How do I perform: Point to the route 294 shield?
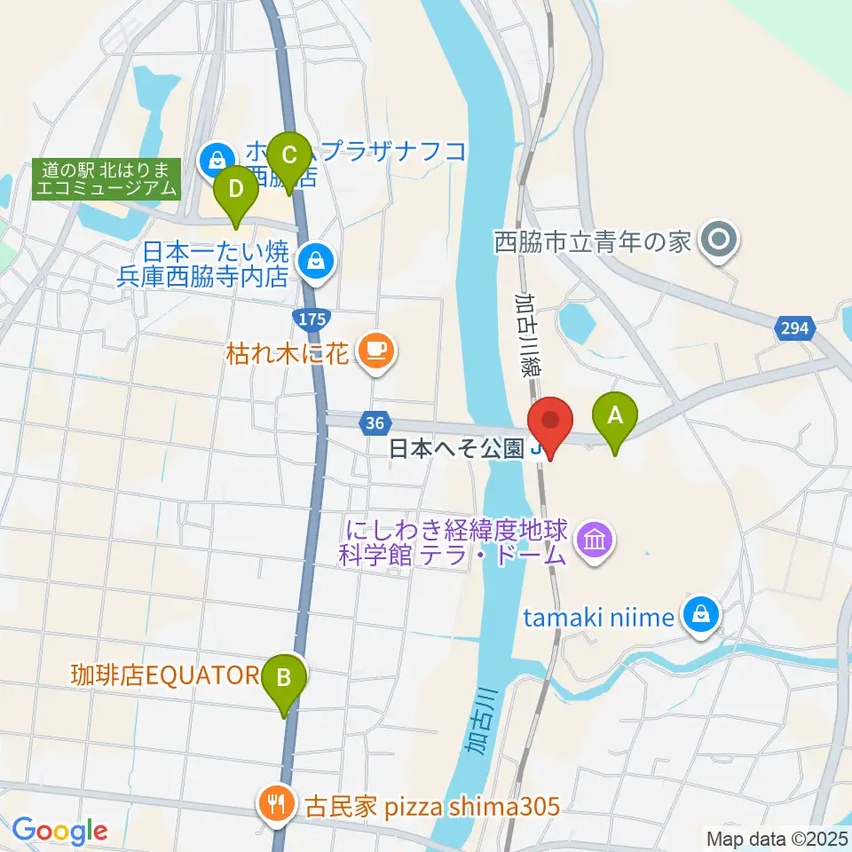tap(796, 328)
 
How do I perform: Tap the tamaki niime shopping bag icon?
tap(701, 614)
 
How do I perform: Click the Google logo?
tap(59, 830)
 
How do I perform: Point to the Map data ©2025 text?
tap(777, 837)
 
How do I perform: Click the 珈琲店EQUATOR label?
tap(163, 675)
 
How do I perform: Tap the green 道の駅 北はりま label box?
tap(107, 177)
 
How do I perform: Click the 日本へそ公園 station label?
tap(457, 449)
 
